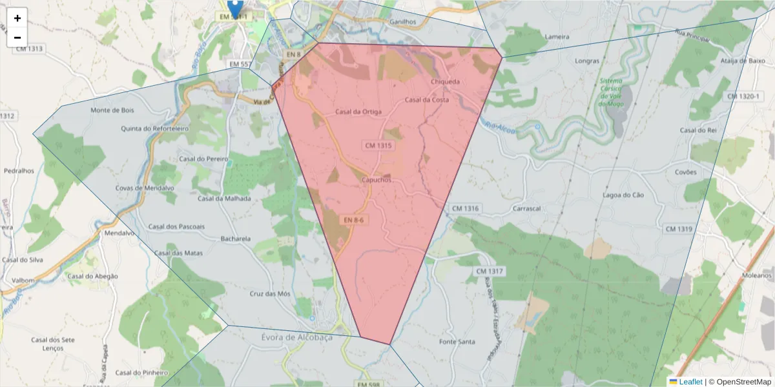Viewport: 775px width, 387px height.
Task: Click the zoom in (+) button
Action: [x=17, y=18]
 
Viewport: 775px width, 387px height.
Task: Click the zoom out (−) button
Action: [x=17, y=37]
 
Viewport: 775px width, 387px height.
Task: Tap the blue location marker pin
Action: [x=236, y=8]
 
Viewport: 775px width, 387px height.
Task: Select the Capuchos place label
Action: [x=377, y=180]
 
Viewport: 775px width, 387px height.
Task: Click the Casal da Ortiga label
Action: [x=358, y=112]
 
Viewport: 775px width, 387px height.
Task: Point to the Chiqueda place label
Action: [x=445, y=82]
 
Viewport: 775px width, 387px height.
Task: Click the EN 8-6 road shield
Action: [x=353, y=220]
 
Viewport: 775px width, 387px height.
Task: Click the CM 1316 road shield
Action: [x=466, y=208]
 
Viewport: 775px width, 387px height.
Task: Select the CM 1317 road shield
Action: [x=489, y=272]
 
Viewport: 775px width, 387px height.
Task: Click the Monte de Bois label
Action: [x=112, y=110]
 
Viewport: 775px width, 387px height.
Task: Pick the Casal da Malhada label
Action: [x=224, y=199]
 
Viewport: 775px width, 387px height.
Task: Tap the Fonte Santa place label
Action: [x=457, y=341]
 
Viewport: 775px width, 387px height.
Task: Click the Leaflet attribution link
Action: [x=690, y=382]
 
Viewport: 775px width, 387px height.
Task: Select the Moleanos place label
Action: [x=757, y=275]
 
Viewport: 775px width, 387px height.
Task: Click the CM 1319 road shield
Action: [x=678, y=229]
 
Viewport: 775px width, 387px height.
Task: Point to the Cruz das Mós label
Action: [x=270, y=293]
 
